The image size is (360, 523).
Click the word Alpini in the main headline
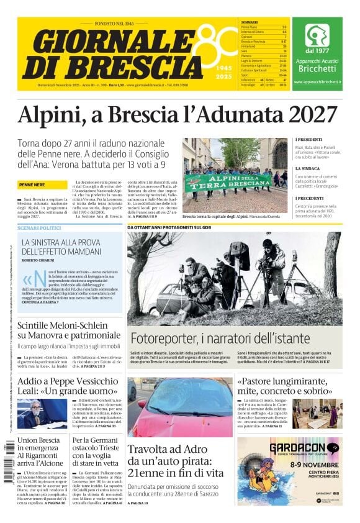point(52,116)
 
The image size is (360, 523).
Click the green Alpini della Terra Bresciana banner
point(228,181)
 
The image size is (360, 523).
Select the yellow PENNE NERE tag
point(32,185)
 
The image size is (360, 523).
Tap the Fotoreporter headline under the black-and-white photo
point(220,339)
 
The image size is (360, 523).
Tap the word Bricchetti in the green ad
point(317,69)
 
